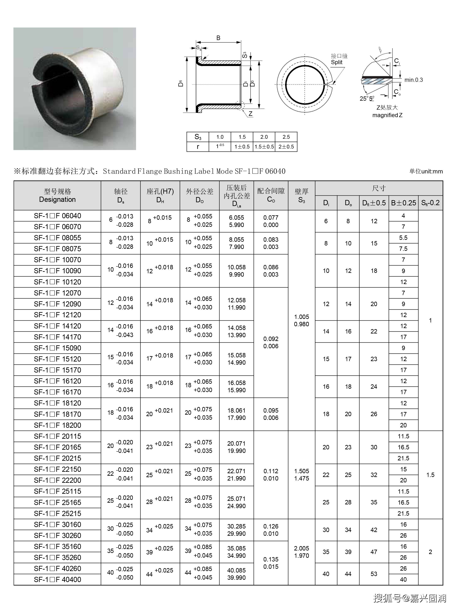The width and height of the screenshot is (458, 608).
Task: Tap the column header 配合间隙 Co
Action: click(x=271, y=195)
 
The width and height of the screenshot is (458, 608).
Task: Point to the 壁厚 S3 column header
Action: click(x=302, y=195)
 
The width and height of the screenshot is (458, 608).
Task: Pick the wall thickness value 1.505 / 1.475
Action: click(x=302, y=475)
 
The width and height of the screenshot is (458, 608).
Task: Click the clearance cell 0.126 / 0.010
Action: click(x=271, y=530)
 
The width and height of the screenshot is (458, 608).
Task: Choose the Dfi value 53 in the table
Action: click(x=374, y=574)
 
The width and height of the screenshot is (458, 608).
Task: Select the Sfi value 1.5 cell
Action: click(x=430, y=475)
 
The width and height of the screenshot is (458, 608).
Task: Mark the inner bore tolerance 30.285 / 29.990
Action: click(x=236, y=530)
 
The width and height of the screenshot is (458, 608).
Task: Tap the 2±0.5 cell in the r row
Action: click(x=286, y=147)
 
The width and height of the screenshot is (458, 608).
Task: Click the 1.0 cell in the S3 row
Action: click(x=220, y=137)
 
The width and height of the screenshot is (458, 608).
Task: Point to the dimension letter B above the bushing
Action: click(x=218, y=38)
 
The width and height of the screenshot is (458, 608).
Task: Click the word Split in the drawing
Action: click(x=337, y=62)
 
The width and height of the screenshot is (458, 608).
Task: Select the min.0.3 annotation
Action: click(x=414, y=80)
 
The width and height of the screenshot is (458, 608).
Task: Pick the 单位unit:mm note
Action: click(x=426, y=172)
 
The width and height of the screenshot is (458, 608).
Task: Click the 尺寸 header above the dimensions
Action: click(x=379, y=188)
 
